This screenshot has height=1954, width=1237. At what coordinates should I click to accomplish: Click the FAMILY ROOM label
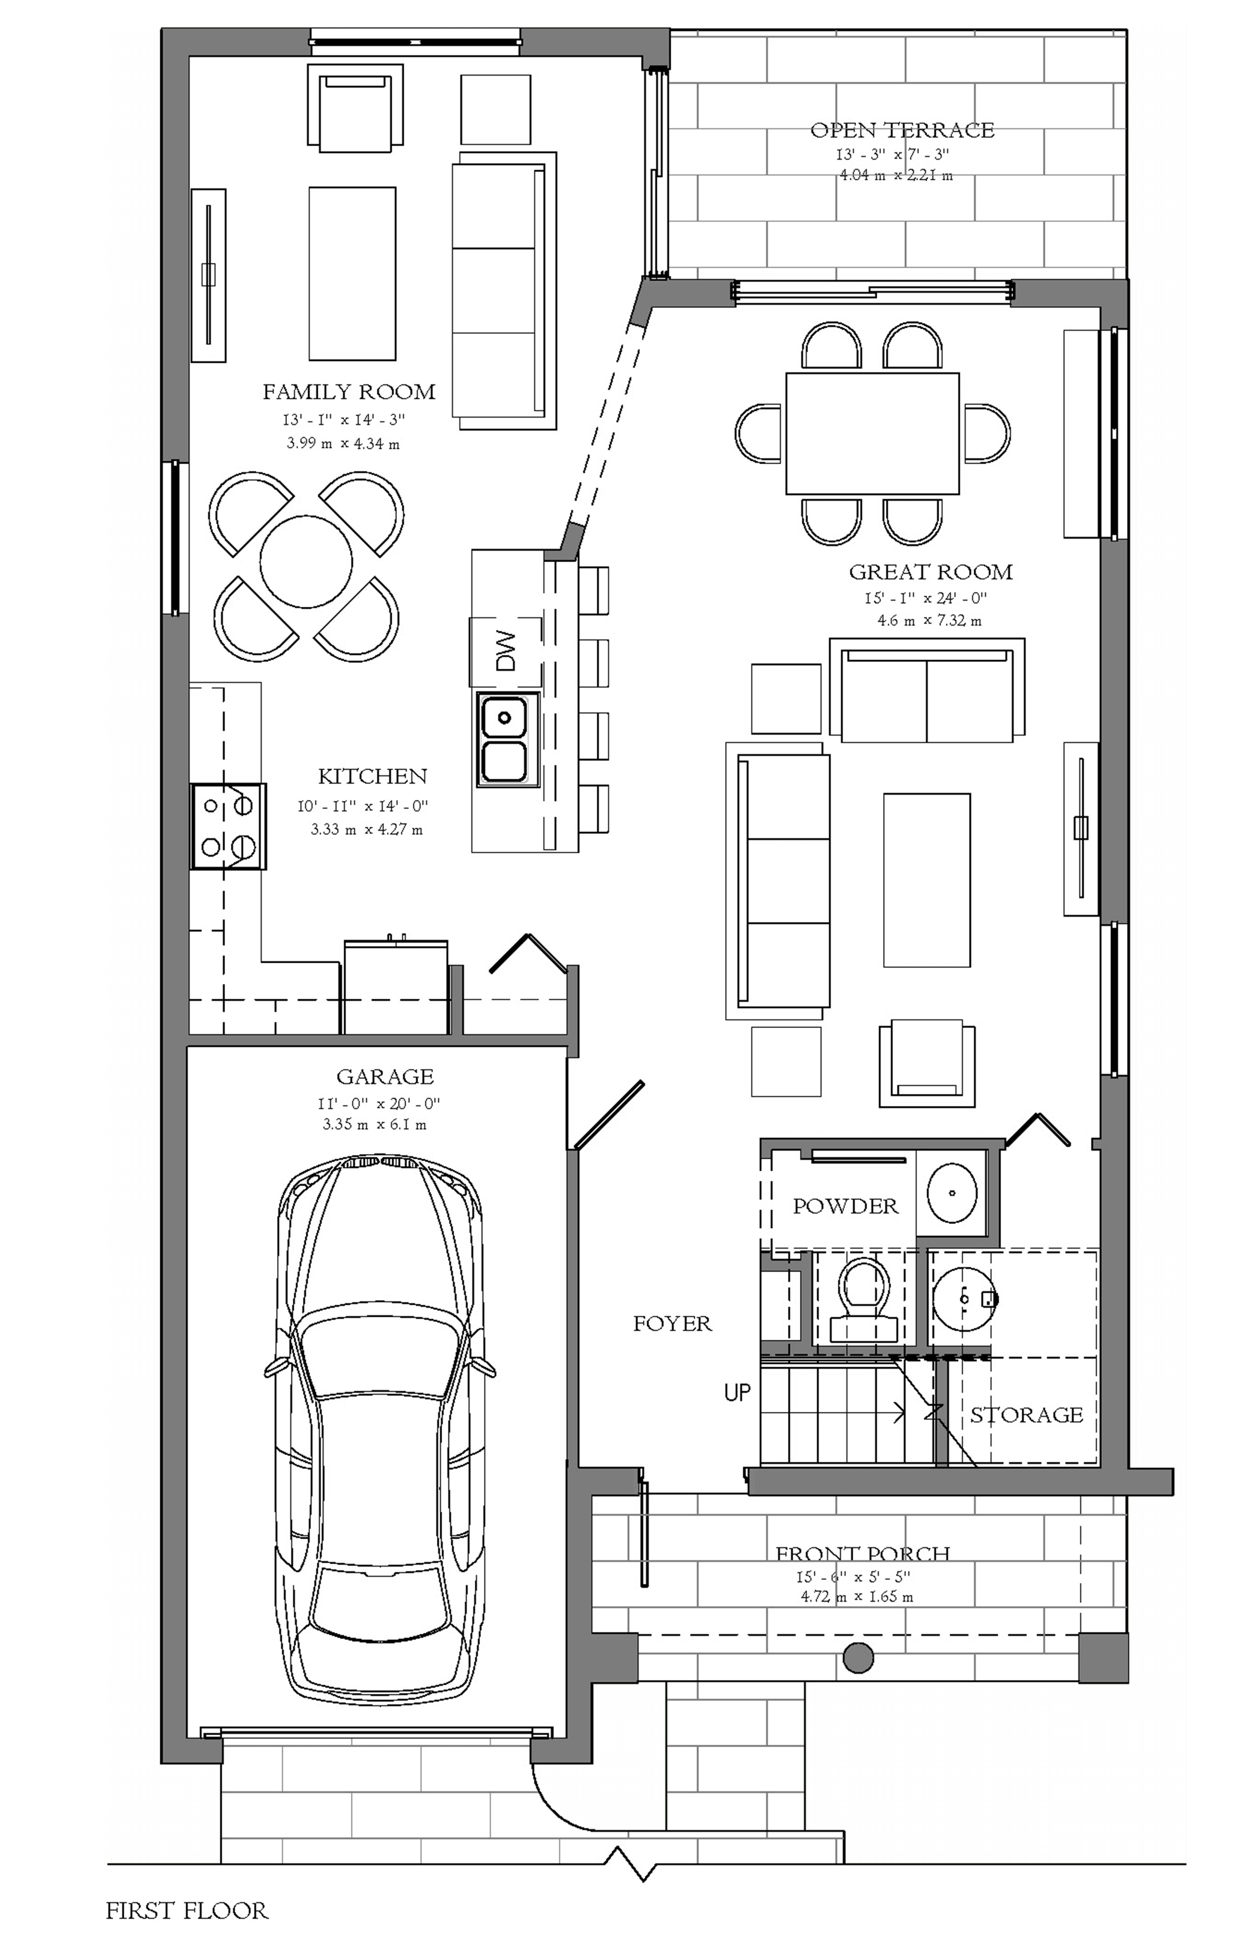tap(349, 392)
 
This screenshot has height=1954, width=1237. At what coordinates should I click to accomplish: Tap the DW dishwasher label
tap(505, 651)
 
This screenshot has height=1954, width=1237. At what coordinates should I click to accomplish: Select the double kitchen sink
tap(504, 739)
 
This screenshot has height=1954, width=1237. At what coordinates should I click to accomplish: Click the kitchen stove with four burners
tap(228, 826)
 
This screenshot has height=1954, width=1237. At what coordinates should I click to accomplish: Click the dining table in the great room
tap(872, 433)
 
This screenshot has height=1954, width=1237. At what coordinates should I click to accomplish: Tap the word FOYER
tap(672, 1324)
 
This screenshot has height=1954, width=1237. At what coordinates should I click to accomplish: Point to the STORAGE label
tap(1026, 1415)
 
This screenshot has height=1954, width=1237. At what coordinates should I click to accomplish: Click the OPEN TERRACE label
tap(901, 130)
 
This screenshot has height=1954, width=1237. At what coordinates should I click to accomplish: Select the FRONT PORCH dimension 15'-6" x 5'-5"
tap(853, 1577)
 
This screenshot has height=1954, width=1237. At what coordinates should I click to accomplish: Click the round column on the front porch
tap(858, 1657)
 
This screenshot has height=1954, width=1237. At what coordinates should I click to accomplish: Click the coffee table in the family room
tap(352, 273)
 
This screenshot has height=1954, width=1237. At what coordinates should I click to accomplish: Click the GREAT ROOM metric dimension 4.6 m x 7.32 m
tap(929, 621)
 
